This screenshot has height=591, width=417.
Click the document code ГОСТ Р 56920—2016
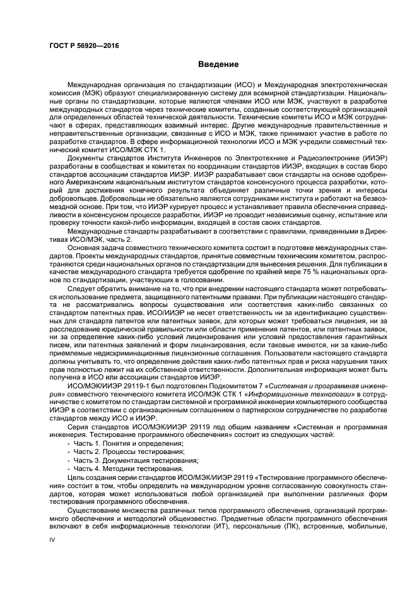(84, 45)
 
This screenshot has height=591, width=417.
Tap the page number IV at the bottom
(53, 540)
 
